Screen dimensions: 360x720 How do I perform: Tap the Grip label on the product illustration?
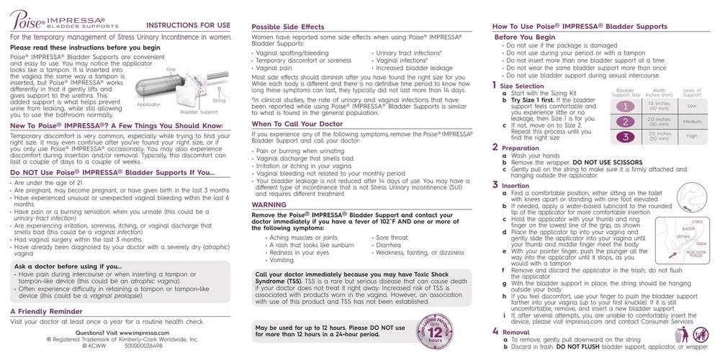(x=171, y=69)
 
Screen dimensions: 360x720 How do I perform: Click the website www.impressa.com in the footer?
(x=144, y=333)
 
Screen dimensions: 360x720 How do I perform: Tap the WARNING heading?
(x=269, y=204)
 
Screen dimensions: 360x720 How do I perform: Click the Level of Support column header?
(x=691, y=92)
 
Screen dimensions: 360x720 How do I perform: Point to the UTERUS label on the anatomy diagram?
(x=696, y=222)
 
